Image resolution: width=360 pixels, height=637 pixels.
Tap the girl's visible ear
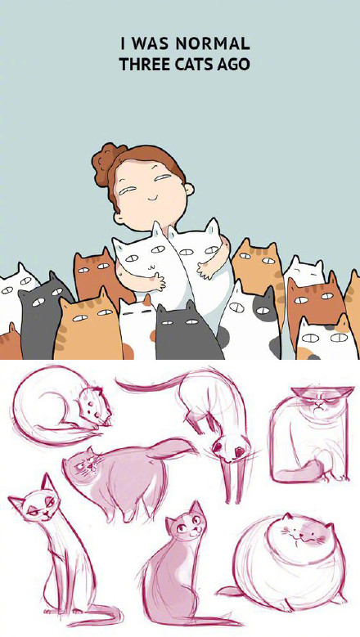(190, 191)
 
